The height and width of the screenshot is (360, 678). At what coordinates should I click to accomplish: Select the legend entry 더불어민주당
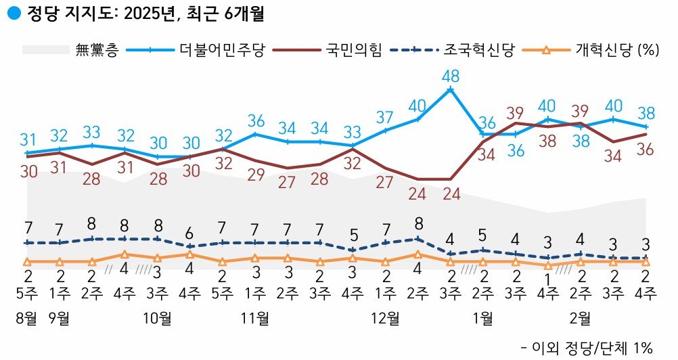223,49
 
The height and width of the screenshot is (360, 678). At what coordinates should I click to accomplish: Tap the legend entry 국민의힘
353,49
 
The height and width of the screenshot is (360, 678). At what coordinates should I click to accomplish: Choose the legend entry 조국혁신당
479,49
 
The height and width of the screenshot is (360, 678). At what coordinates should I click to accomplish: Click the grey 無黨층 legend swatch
46,50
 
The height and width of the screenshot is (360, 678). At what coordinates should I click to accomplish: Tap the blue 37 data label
385,116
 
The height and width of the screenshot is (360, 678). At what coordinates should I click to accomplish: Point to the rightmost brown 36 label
644,150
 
